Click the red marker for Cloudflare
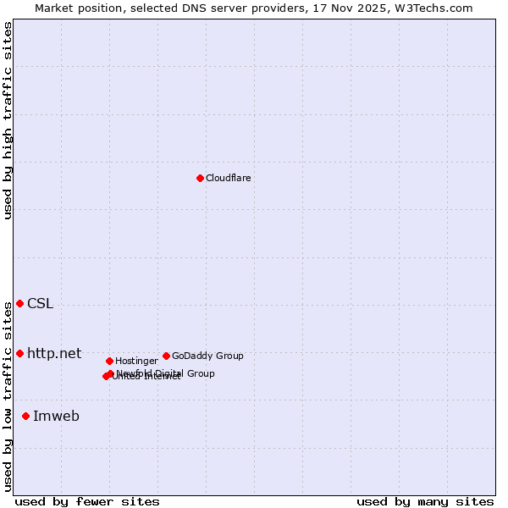point(200,178)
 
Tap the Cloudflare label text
point(228,178)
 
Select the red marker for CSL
point(19,303)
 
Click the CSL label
point(40,304)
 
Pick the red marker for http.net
point(19,353)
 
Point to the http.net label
point(54,353)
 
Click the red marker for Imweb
point(25,416)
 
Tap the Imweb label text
point(56,416)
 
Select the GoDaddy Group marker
point(166,356)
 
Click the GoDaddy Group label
point(207,356)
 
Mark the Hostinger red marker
point(109,361)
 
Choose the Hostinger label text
point(136,361)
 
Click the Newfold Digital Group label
point(166,373)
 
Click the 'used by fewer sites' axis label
point(87,501)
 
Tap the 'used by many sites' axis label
point(425,501)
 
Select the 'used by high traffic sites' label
point(8,120)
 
